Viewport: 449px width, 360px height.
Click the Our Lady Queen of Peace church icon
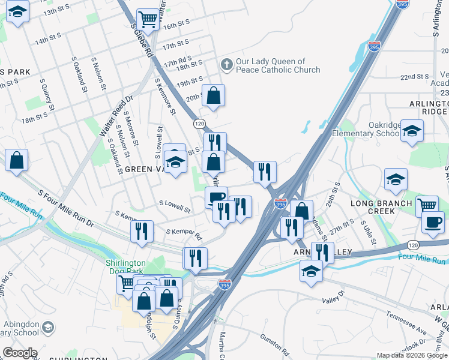[226, 64]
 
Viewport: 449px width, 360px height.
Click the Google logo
[19, 353]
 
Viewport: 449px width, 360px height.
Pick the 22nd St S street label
[415, 77]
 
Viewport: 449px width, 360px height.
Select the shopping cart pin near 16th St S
[147, 20]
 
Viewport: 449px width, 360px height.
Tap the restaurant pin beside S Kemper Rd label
[142, 231]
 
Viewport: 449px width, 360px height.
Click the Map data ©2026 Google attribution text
[411, 355]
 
